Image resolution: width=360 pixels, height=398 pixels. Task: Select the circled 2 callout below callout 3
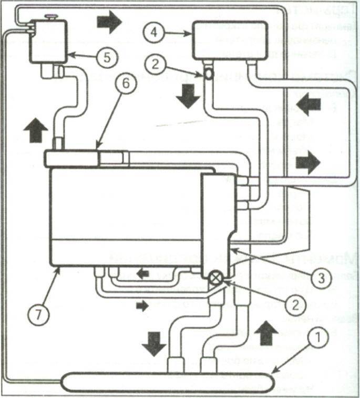click(295, 303)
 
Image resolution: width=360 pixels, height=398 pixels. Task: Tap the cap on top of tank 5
click(51, 18)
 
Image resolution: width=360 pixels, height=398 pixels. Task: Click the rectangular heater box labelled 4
click(230, 40)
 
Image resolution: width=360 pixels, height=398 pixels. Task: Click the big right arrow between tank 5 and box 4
click(109, 22)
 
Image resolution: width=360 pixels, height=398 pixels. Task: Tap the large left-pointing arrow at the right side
click(308, 105)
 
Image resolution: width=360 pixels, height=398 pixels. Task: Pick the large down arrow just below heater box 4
click(188, 97)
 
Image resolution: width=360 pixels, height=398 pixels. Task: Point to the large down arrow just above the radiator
click(154, 343)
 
